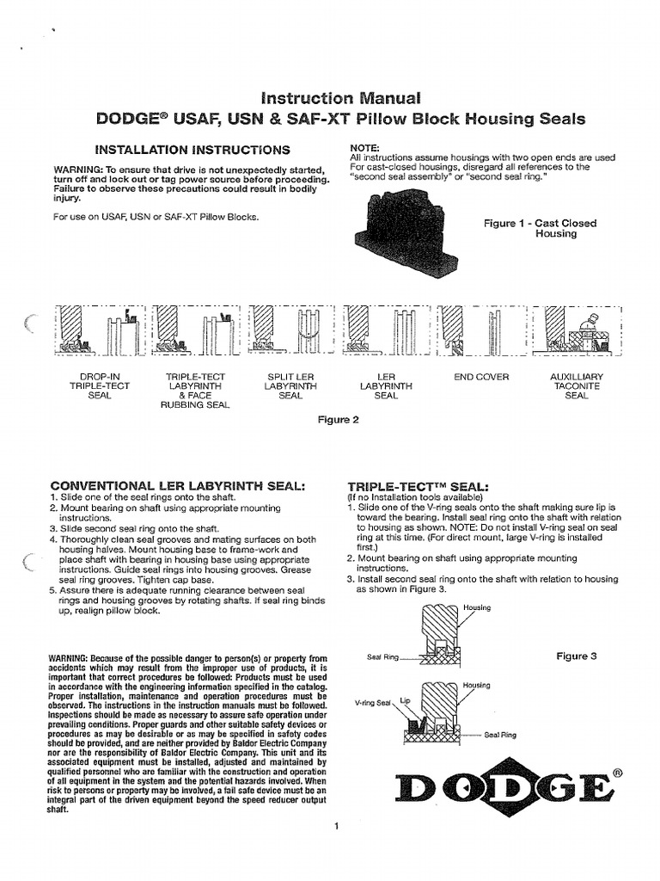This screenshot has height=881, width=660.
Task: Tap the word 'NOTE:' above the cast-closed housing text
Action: (x=365, y=148)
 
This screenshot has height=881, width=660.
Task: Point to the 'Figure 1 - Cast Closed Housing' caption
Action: (x=540, y=228)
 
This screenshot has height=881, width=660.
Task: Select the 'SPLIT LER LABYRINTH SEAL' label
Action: (x=290, y=386)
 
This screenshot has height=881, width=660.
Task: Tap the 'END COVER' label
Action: (x=481, y=377)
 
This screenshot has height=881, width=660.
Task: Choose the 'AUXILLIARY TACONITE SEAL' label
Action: (x=576, y=386)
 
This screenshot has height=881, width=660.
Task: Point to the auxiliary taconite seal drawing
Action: (x=573, y=330)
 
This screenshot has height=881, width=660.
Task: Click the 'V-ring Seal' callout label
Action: (x=372, y=702)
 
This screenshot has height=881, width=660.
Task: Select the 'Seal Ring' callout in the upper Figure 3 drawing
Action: (x=382, y=657)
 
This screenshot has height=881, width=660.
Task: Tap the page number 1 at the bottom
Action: (x=338, y=827)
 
